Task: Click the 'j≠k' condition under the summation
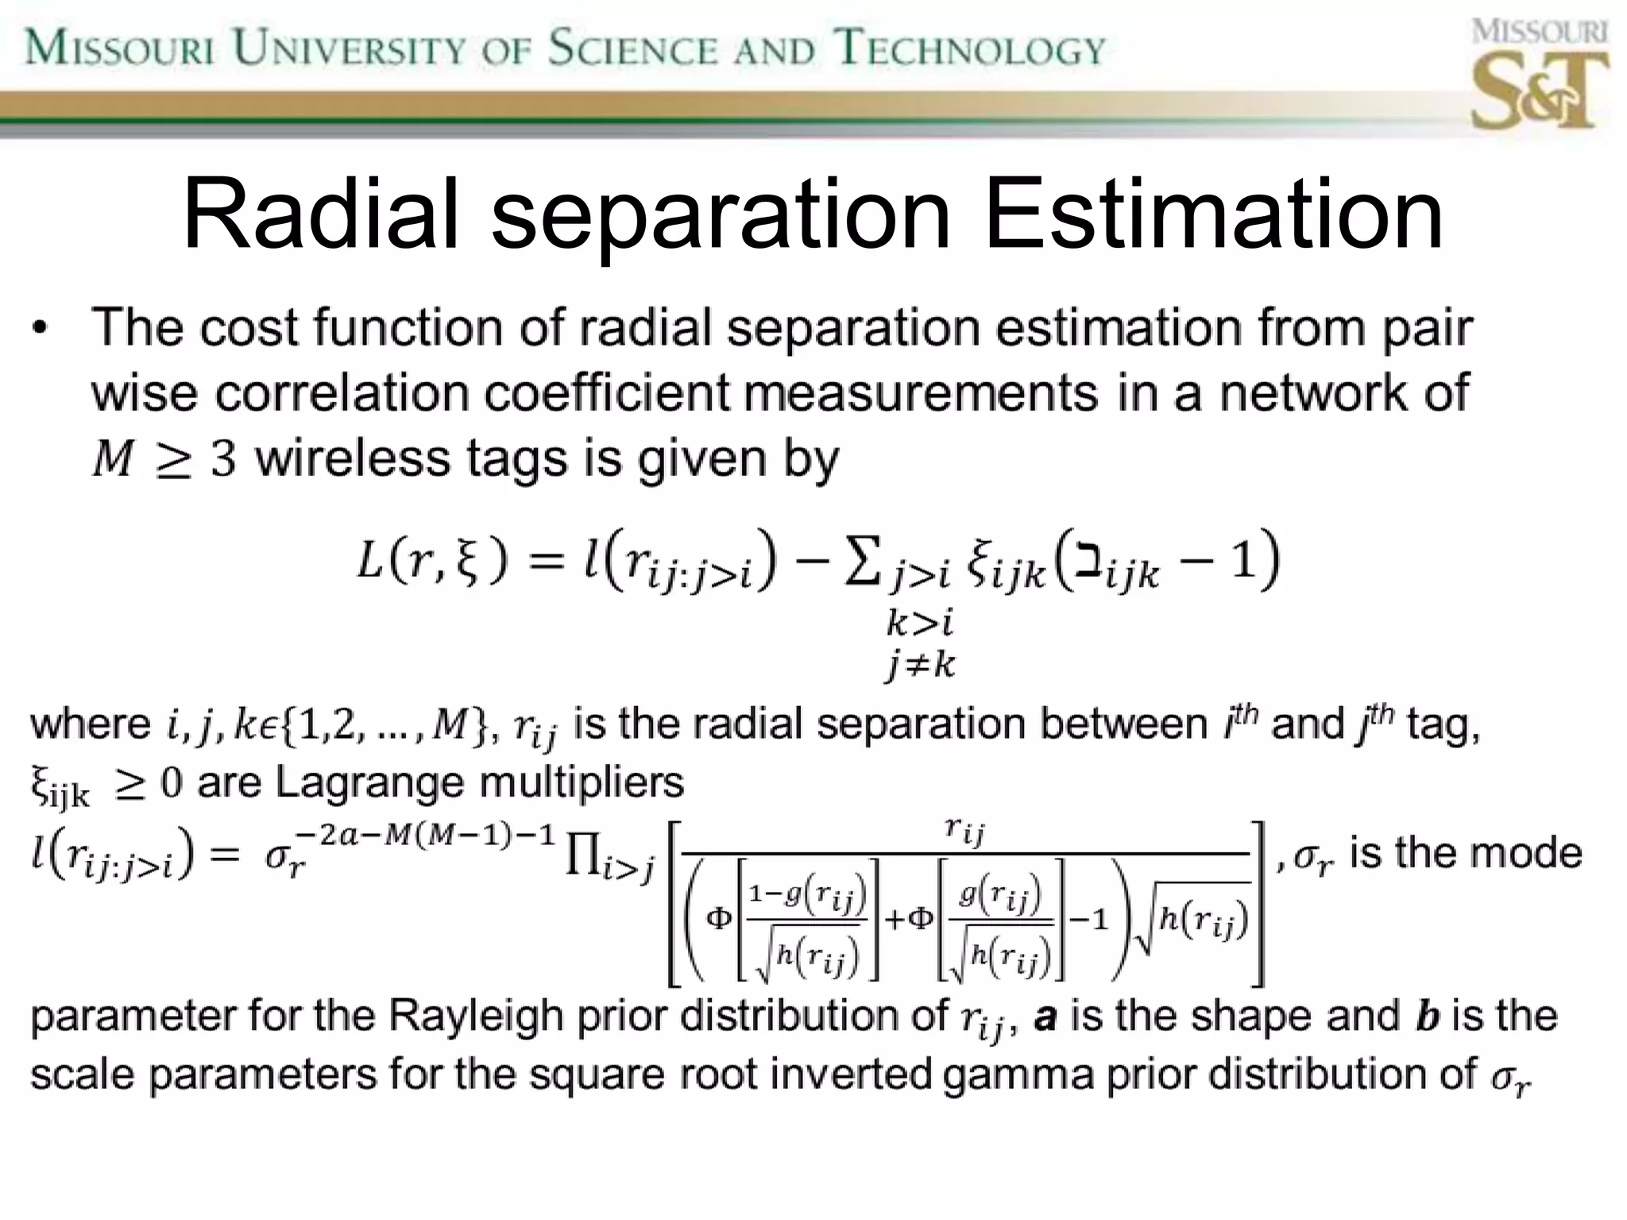(x=921, y=664)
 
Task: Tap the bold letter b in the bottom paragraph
(x=1428, y=1017)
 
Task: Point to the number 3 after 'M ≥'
(x=223, y=460)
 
